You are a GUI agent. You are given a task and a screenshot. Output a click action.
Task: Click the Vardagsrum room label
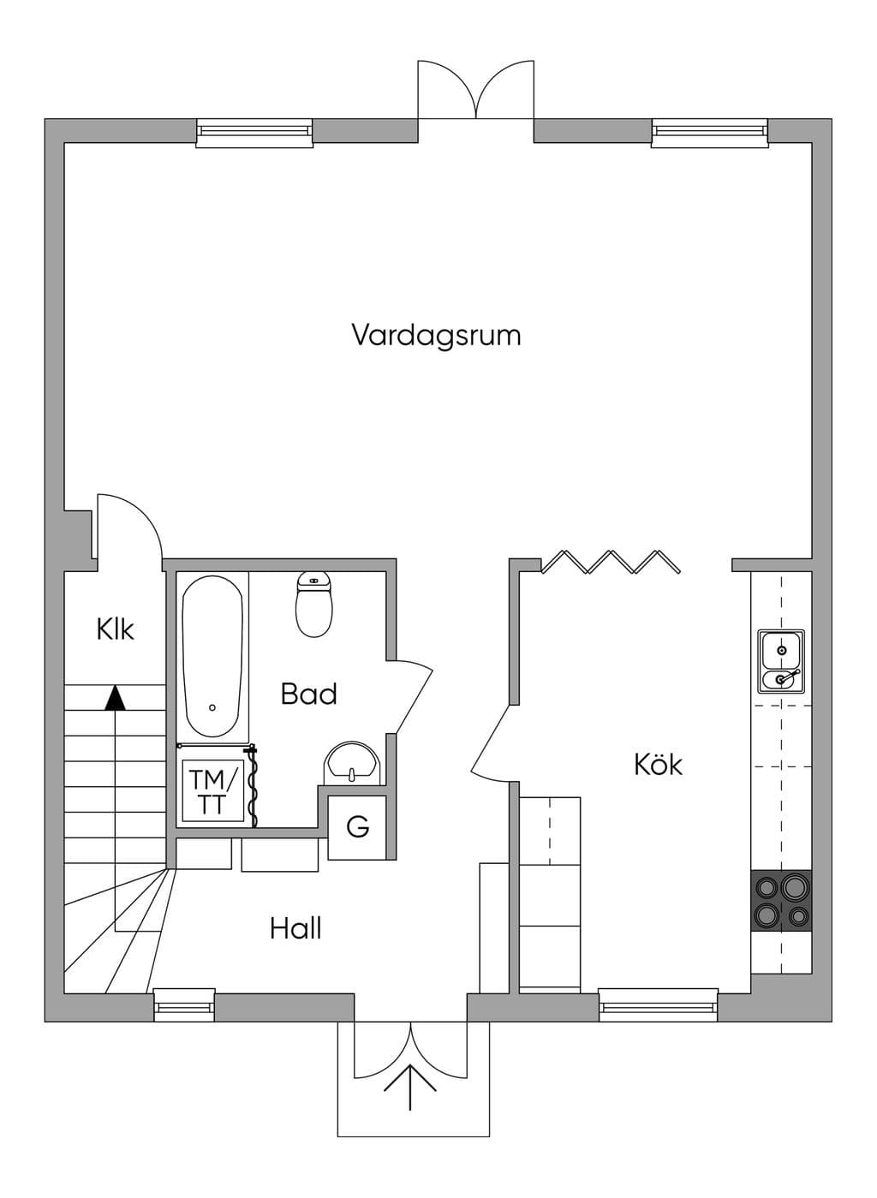tap(436, 336)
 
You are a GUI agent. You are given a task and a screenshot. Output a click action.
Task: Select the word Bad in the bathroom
tap(308, 694)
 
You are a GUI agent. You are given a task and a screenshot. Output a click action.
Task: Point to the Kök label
tap(658, 764)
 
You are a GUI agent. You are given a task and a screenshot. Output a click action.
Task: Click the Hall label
tap(295, 928)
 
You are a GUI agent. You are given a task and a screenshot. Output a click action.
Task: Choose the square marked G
tap(357, 828)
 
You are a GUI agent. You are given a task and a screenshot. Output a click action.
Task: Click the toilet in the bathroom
tap(314, 604)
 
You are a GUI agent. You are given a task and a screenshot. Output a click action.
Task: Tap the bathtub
tap(212, 656)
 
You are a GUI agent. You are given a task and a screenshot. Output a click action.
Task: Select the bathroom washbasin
tap(352, 763)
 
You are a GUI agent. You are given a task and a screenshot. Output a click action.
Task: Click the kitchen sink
tap(781, 662)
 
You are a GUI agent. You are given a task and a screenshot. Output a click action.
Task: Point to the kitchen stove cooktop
tap(781, 901)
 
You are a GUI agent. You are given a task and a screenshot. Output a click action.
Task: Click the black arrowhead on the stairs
tap(115, 699)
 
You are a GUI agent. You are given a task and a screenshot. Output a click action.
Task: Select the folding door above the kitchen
tap(611, 562)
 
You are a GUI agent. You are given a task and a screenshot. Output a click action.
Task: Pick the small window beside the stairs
tap(184, 1006)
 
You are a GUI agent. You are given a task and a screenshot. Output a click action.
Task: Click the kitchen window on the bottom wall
tap(658, 1006)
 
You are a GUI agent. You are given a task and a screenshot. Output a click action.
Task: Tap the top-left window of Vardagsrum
tap(254, 132)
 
